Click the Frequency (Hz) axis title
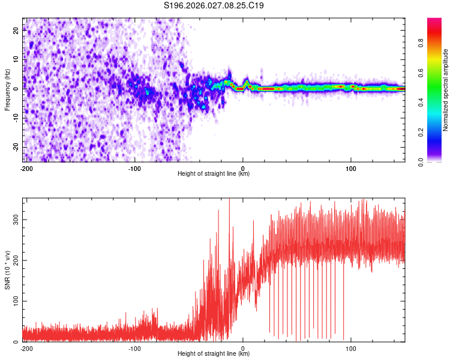pos(7,89)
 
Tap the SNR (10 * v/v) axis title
pos(7,269)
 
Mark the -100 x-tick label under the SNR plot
pos(134,349)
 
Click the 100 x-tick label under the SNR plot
pos(352,349)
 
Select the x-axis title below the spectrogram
pos(214,174)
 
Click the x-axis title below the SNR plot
pos(214,354)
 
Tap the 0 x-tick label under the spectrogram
pos(243,169)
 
